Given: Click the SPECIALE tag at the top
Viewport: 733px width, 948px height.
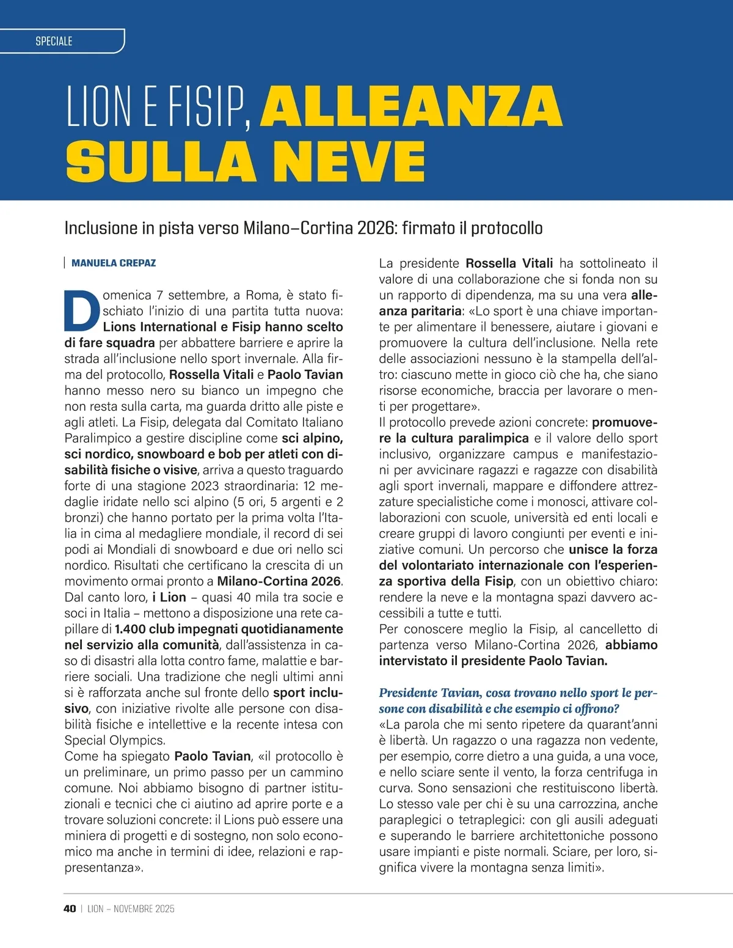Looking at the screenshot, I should (x=54, y=41).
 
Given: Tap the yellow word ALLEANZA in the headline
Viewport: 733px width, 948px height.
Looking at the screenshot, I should (x=411, y=106).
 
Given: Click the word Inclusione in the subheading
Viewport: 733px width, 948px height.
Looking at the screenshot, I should (x=101, y=228).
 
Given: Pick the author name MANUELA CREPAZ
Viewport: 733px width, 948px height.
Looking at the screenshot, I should (x=114, y=263).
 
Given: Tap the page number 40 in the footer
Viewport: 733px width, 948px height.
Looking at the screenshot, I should (x=70, y=909).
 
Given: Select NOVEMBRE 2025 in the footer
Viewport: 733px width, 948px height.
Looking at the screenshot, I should (x=144, y=909).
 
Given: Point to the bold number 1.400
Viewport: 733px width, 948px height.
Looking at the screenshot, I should (x=130, y=629).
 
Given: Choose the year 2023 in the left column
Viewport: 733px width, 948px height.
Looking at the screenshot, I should (x=209, y=486).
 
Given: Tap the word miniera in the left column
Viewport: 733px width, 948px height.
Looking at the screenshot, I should (x=86, y=836).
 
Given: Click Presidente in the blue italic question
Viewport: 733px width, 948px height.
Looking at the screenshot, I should (x=408, y=693).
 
